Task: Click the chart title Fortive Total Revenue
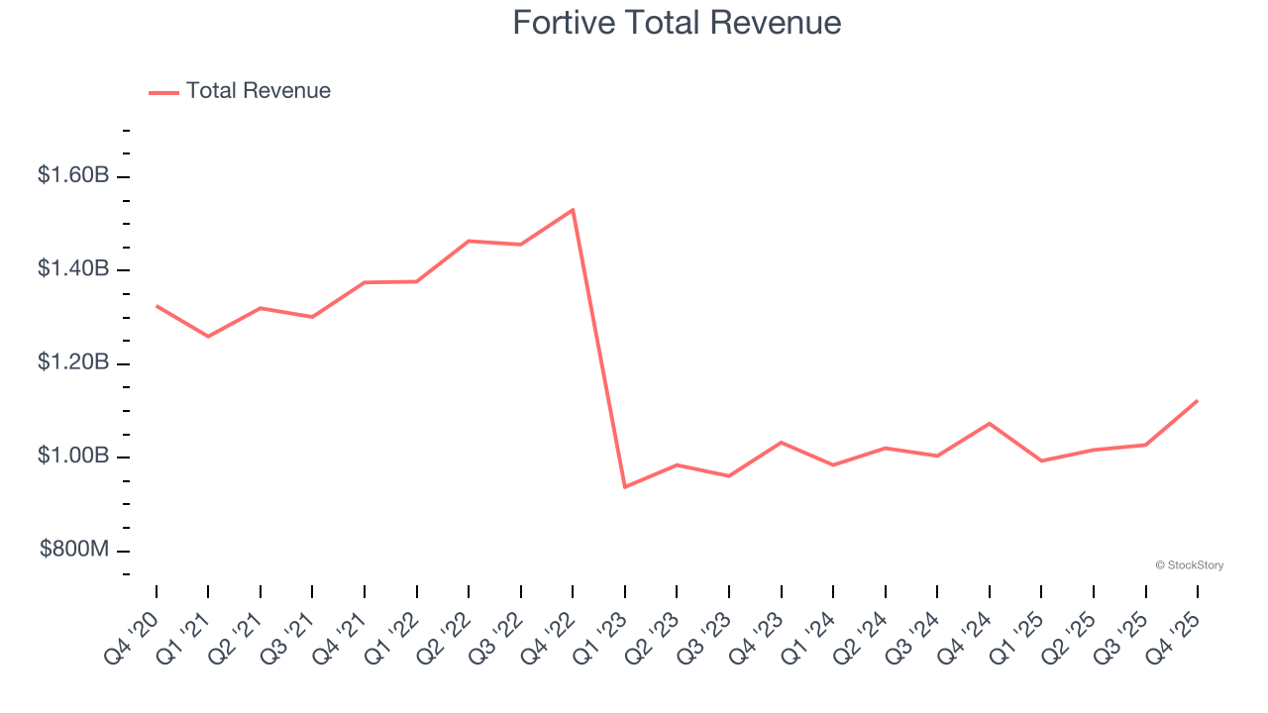677,23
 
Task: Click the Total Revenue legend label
258,91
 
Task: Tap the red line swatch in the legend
163,92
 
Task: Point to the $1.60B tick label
73,175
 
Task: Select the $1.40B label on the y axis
73,269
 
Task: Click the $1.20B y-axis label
73,362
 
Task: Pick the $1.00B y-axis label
73,457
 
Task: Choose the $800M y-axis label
74,550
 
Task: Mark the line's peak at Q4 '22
573,210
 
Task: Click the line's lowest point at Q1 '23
625,487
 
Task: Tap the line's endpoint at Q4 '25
1198,401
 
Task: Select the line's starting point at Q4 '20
157,306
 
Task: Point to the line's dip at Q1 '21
208,337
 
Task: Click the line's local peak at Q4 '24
990,424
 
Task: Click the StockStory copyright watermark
1190,565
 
